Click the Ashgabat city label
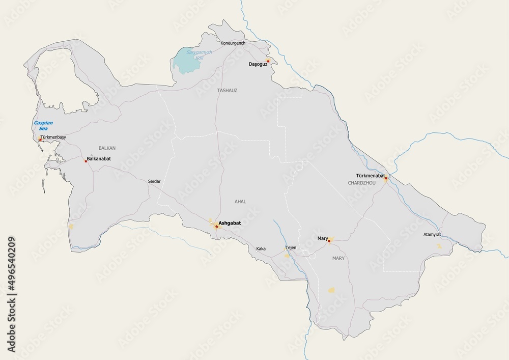230,223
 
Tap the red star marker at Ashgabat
216,226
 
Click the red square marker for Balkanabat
86,161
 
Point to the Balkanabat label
99,158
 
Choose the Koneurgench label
233,43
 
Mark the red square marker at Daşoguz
268,61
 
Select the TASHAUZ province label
228,90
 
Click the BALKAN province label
107,148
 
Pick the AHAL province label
240,202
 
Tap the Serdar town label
154,181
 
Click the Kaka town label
261,248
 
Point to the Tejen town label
291,247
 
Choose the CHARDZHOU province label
361,182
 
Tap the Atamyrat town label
432,235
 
